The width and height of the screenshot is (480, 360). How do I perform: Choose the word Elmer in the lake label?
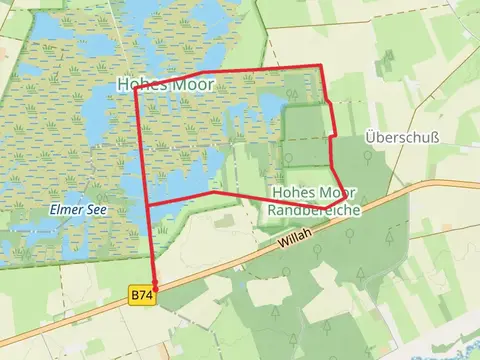(67, 210)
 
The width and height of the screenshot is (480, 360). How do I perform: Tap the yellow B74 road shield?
(141, 296)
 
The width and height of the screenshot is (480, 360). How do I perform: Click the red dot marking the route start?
(154, 288)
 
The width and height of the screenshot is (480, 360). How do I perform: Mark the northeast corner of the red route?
(321, 66)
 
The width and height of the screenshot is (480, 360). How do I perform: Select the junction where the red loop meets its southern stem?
(148, 206)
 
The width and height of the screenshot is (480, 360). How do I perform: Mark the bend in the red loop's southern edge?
(210, 192)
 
